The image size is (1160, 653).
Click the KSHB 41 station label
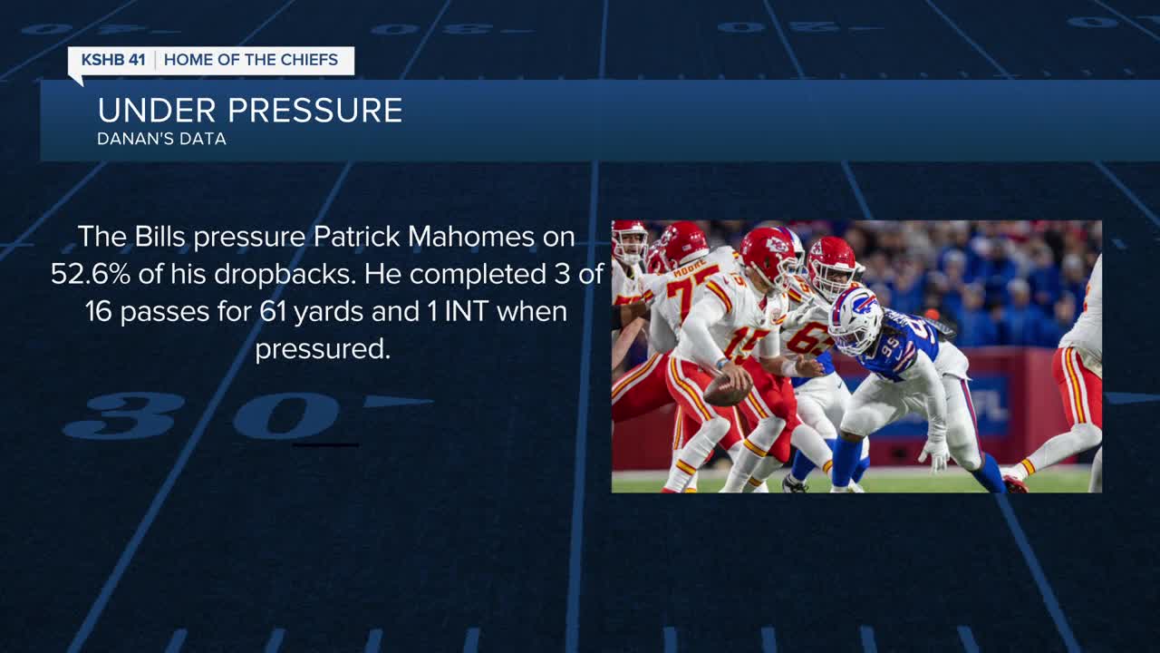click(x=113, y=60)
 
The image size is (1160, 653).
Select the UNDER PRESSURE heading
click(x=250, y=110)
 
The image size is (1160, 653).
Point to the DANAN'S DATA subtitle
click(x=161, y=139)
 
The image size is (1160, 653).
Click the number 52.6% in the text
click(x=91, y=274)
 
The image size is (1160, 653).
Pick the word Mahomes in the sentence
click(x=471, y=237)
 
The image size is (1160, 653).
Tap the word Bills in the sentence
click(x=159, y=237)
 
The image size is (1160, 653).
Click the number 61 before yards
click(x=273, y=311)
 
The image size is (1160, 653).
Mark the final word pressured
click(x=323, y=349)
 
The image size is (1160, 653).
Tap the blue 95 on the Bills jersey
click(x=890, y=348)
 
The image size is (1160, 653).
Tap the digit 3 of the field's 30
click(x=125, y=415)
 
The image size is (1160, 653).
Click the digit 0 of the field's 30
click(x=287, y=416)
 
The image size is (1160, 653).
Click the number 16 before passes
click(x=99, y=311)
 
